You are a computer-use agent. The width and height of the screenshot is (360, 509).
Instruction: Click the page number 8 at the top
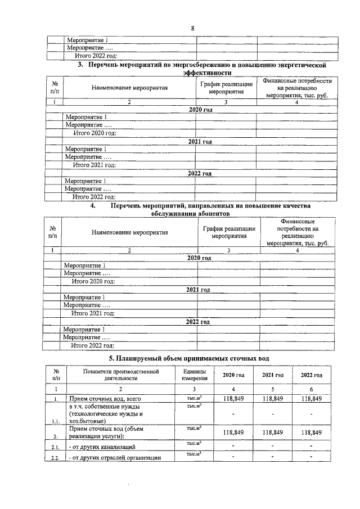[x=192, y=28]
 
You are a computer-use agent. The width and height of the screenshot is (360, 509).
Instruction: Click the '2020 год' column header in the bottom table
[x=233, y=375]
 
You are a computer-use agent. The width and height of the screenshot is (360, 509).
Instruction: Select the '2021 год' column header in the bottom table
[x=272, y=375]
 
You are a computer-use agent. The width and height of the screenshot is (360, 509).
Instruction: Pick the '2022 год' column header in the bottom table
[x=311, y=375]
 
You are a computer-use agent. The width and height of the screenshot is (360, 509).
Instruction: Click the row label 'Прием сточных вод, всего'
[x=101, y=399]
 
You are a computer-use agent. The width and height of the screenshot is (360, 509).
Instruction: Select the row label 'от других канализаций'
[x=101, y=447]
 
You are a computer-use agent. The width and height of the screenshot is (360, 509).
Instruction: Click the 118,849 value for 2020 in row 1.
[x=233, y=399]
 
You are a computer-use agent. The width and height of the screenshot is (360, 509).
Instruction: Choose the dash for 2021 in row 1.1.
[x=272, y=414]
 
